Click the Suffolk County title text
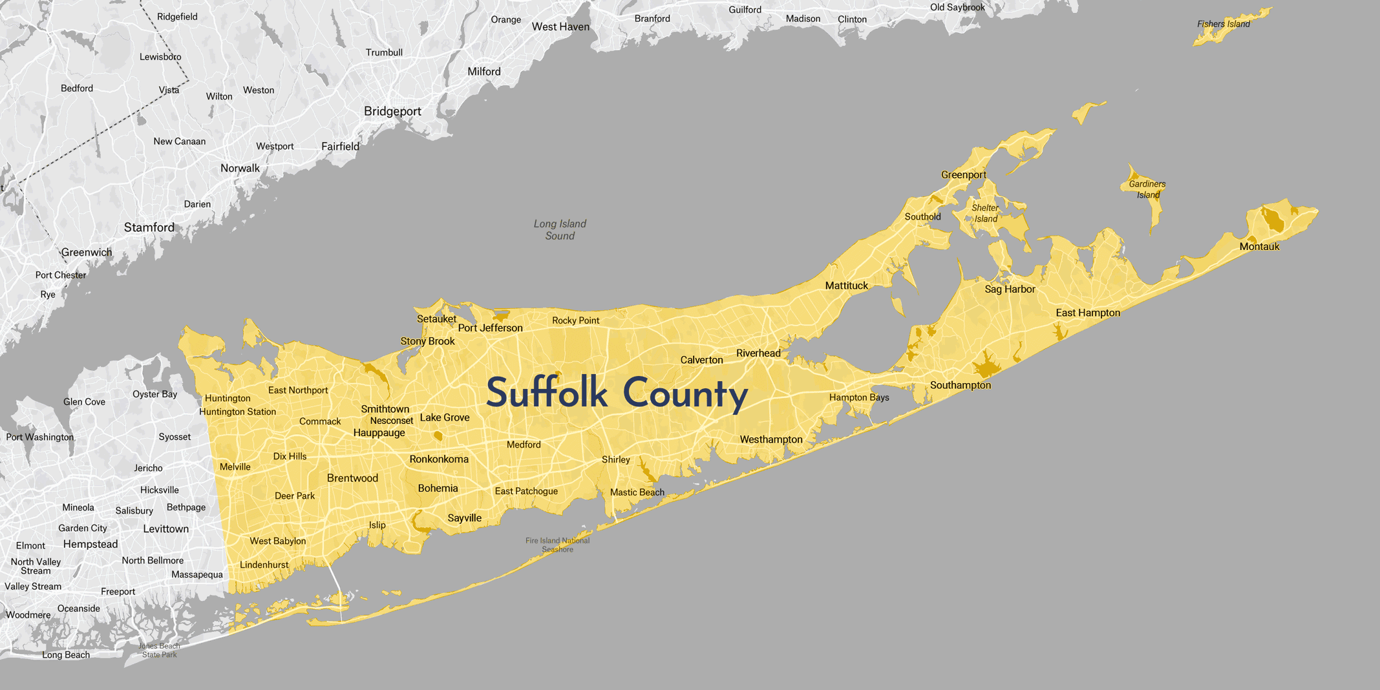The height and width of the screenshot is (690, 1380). (x=617, y=393)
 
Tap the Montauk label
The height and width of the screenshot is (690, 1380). (x=1259, y=247)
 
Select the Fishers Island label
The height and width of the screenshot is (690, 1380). (x=1223, y=24)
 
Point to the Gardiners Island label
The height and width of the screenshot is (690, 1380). (x=1147, y=189)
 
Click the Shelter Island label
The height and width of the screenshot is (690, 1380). (x=985, y=213)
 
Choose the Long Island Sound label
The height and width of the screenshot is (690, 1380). (x=560, y=229)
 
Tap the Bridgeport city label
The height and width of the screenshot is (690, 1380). (x=392, y=111)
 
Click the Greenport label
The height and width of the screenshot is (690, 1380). (x=963, y=175)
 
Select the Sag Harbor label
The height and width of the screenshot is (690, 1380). (x=1010, y=289)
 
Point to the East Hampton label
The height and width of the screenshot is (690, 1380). (x=1088, y=313)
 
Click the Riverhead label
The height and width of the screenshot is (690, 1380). (x=758, y=353)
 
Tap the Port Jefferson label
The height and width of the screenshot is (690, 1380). (x=490, y=328)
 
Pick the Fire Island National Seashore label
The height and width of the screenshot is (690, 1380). (x=557, y=545)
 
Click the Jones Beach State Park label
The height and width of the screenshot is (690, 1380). (x=159, y=650)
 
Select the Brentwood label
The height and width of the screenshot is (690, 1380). (x=352, y=478)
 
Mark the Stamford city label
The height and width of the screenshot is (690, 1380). (x=149, y=227)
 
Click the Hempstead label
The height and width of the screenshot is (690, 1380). (x=90, y=544)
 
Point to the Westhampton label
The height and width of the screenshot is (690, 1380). (x=771, y=439)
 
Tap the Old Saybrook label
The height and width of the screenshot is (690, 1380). (x=957, y=8)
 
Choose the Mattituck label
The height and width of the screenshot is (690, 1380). (x=846, y=286)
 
